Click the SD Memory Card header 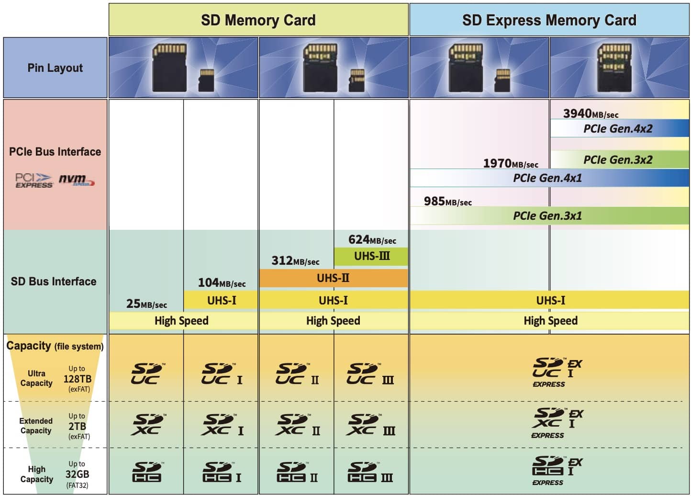(x=258, y=20)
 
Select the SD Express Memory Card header (x=549, y=20)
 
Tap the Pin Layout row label (x=55, y=68)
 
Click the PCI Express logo (x=34, y=180)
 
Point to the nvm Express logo (x=77, y=180)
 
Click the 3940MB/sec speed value (x=591, y=113)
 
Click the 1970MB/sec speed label (x=511, y=163)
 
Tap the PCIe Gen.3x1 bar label (x=547, y=215)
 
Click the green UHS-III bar (x=371, y=256)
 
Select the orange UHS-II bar (x=334, y=278)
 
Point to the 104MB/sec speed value (x=222, y=282)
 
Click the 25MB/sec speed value (x=146, y=304)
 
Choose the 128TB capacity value (x=78, y=379)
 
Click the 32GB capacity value (x=77, y=474)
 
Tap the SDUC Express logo (x=557, y=372)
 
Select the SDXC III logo (x=370, y=425)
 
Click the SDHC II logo (x=297, y=472)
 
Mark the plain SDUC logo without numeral (x=147, y=373)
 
